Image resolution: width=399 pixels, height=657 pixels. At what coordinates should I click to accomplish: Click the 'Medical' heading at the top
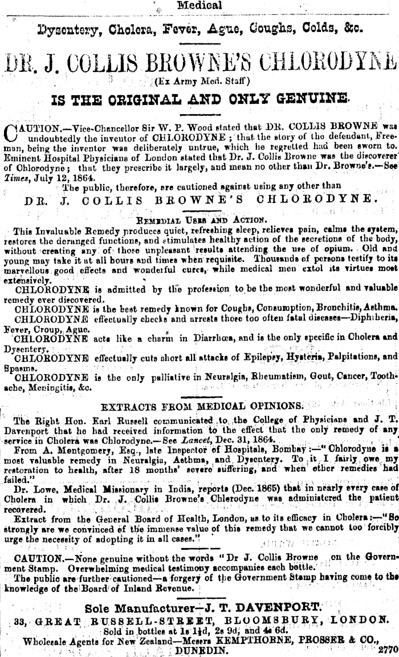click(x=199, y=6)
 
